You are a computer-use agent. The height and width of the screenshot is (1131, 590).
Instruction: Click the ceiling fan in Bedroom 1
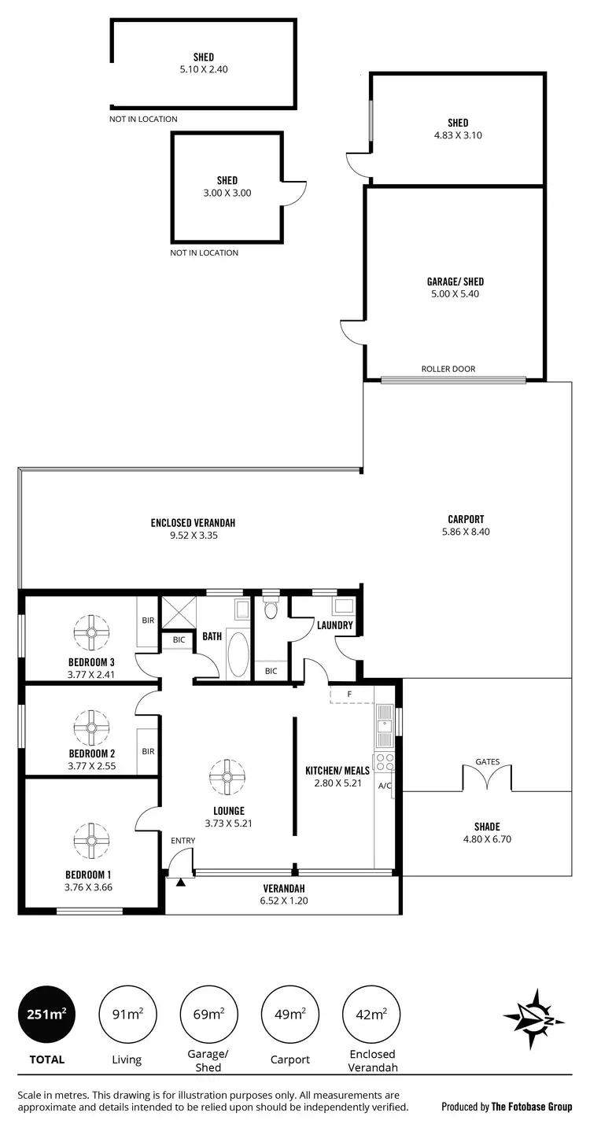(91, 841)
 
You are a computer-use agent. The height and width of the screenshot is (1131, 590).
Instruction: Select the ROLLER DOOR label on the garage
(448, 369)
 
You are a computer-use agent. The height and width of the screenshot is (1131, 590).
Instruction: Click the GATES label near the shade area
(487, 761)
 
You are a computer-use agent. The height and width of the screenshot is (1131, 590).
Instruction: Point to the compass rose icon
(534, 1019)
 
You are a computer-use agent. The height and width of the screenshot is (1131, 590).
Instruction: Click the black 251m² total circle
(46, 1015)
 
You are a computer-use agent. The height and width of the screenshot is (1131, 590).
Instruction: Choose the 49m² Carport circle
(289, 1015)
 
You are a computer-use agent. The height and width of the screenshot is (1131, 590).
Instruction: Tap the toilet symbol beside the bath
(271, 610)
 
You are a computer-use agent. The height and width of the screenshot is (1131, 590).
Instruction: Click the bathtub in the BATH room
(238, 653)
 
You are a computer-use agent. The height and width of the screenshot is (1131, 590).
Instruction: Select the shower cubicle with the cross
(178, 613)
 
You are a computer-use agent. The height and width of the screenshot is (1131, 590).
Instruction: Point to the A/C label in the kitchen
(385, 786)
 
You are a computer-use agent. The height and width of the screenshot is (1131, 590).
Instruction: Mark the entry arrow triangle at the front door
(181, 882)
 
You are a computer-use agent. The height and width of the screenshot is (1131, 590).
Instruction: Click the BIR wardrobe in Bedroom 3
(147, 621)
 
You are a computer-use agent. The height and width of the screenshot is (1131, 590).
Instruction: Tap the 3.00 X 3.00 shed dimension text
(227, 193)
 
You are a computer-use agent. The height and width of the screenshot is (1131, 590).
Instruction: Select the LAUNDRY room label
(335, 626)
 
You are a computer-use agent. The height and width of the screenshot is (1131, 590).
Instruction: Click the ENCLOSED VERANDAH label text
(193, 522)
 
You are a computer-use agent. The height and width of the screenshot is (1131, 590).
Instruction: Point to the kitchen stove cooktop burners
(385, 761)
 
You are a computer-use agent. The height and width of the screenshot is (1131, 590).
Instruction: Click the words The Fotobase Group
(531, 1107)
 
